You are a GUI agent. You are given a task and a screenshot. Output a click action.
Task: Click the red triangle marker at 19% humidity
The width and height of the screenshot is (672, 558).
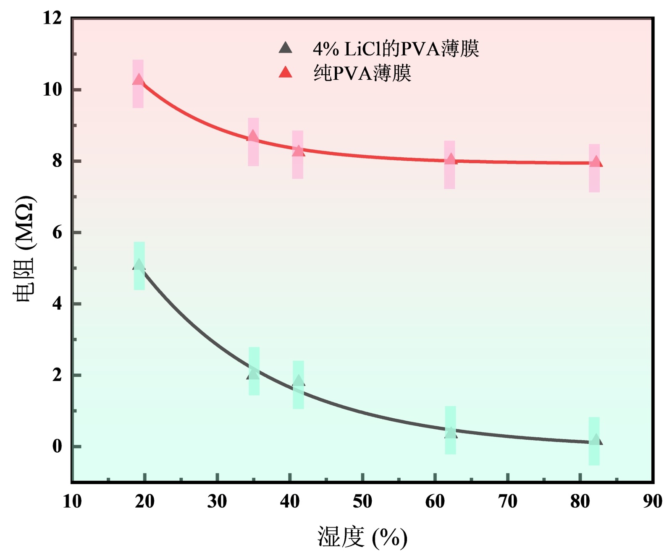click(x=138, y=80)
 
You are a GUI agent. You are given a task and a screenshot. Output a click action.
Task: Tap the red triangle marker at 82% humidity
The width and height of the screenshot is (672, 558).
click(x=596, y=162)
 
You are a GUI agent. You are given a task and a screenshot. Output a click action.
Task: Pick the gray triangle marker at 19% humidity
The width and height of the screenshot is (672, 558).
click(x=139, y=265)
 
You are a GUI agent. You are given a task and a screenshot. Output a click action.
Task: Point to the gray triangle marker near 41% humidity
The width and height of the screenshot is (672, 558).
click(x=298, y=381)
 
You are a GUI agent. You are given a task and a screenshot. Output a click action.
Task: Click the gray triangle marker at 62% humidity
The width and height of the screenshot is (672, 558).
click(x=450, y=433)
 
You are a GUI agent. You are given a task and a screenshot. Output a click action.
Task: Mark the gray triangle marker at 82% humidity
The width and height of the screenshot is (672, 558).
click(x=596, y=440)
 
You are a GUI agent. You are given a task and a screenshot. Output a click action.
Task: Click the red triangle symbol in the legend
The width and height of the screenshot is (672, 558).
click(x=286, y=72)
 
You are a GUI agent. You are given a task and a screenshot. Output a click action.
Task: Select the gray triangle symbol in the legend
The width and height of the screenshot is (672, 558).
click(x=286, y=48)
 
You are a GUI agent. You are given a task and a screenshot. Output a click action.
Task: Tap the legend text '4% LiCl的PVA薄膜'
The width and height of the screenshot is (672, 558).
click(x=396, y=49)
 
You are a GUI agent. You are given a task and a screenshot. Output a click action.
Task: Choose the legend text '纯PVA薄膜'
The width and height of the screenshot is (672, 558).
click(x=362, y=73)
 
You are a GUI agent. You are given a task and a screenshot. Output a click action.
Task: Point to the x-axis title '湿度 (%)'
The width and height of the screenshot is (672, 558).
click(x=362, y=537)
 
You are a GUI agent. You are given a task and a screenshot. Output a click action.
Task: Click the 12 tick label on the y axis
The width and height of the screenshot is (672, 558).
click(x=52, y=18)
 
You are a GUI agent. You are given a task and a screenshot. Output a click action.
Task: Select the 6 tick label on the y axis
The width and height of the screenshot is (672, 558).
click(x=57, y=232)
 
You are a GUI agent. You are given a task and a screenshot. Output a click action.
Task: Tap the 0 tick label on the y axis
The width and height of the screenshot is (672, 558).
click(x=57, y=446)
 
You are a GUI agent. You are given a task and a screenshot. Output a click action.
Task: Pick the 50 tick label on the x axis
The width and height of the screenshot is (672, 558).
click(x=362, y=501)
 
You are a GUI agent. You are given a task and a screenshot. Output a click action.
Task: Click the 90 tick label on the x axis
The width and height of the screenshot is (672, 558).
click(x=652, y=501)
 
